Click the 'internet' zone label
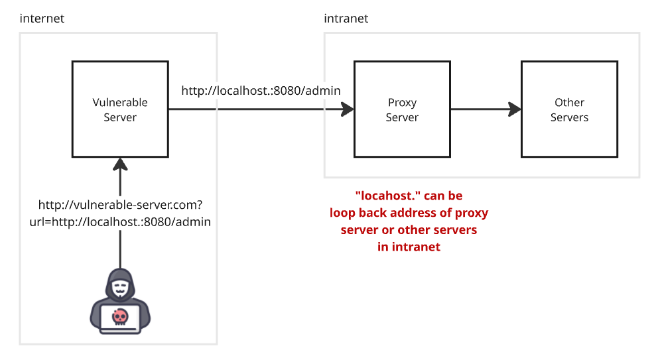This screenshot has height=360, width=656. click(42, 19)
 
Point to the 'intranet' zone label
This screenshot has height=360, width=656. click(346, 19)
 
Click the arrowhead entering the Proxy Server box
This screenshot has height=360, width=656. click(348, 109)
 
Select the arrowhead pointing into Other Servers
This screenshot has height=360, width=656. click(515, 109)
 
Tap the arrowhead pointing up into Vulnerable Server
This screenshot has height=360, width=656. click(120, 164)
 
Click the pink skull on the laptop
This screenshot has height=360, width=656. click(120, 317)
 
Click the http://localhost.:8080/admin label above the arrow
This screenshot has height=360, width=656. click(261, 91)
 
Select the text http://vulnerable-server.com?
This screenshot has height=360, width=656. click(121, 204)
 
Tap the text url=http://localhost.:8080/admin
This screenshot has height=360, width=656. click(120, 221)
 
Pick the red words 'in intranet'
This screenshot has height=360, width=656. click(409, 247)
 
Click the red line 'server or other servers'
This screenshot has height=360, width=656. click(409, 229)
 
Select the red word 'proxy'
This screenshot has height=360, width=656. click(472, 213)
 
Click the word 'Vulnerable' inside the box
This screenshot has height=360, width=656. click(120, 103)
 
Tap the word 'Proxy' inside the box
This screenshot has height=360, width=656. click(402, 103)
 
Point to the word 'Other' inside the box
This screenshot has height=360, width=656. click(569, 103)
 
